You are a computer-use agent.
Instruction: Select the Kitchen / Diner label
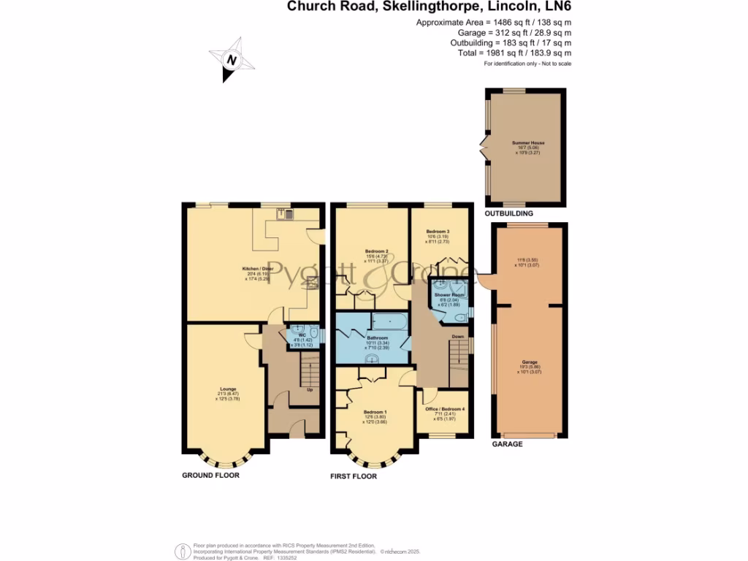pyautogui.click(x=256, y=269)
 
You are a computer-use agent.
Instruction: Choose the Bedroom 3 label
pyautogui.click(x=438, y=232)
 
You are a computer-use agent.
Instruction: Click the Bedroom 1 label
pyautogui.click(x=375, y=412)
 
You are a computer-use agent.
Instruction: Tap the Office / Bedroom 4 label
pyautogui.click(x=445, y=408)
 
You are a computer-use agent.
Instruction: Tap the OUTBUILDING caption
pyautogui.click(x=509, y=213)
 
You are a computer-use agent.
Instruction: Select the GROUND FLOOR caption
pyautogui.click(x=210, y=475)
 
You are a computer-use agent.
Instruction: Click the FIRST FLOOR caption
pyautogui.click(x=354, y=476)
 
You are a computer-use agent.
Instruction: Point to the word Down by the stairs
pyautogui.click(x=458, y=337)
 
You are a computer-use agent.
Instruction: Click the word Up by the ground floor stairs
pyautogui.click(x=310, y=389)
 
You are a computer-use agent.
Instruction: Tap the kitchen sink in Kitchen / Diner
pyautogui.click(x=286, y=214)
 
